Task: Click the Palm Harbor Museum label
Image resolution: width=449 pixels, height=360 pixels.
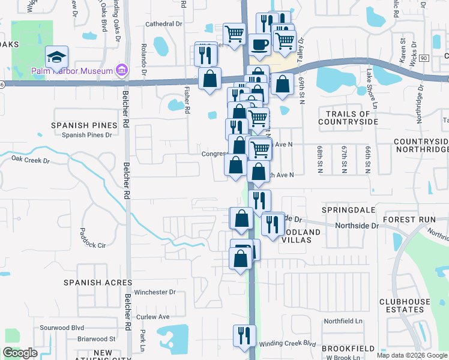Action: pyautogui.click(x=72, y=71)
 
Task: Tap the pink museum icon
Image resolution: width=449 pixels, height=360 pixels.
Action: pyautogui.click(x=122, y=71)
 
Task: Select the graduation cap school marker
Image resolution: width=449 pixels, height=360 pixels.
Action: pyautogui.click(x=57, y=58)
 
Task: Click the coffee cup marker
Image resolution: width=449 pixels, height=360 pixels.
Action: pyautogui.click(x=259, y=45)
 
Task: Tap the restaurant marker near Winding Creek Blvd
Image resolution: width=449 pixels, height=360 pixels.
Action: pyautogui.click(x=244, y=335)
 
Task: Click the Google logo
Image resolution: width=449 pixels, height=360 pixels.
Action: pyautogui.click(x=20, y=353)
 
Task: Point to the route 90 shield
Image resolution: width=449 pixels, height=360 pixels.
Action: pyautogui.click(x=424, y=58)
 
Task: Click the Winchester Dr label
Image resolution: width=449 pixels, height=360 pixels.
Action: pyautogui.click(x=154, y=292)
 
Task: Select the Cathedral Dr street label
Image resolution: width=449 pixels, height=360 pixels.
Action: pyautogui.click(x=164, y=25)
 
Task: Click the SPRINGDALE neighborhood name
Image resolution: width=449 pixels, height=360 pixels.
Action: pyautogui.click(x=348, y=211)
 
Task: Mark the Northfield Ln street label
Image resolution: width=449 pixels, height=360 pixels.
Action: pyautogui.click(x=343, y=322)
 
